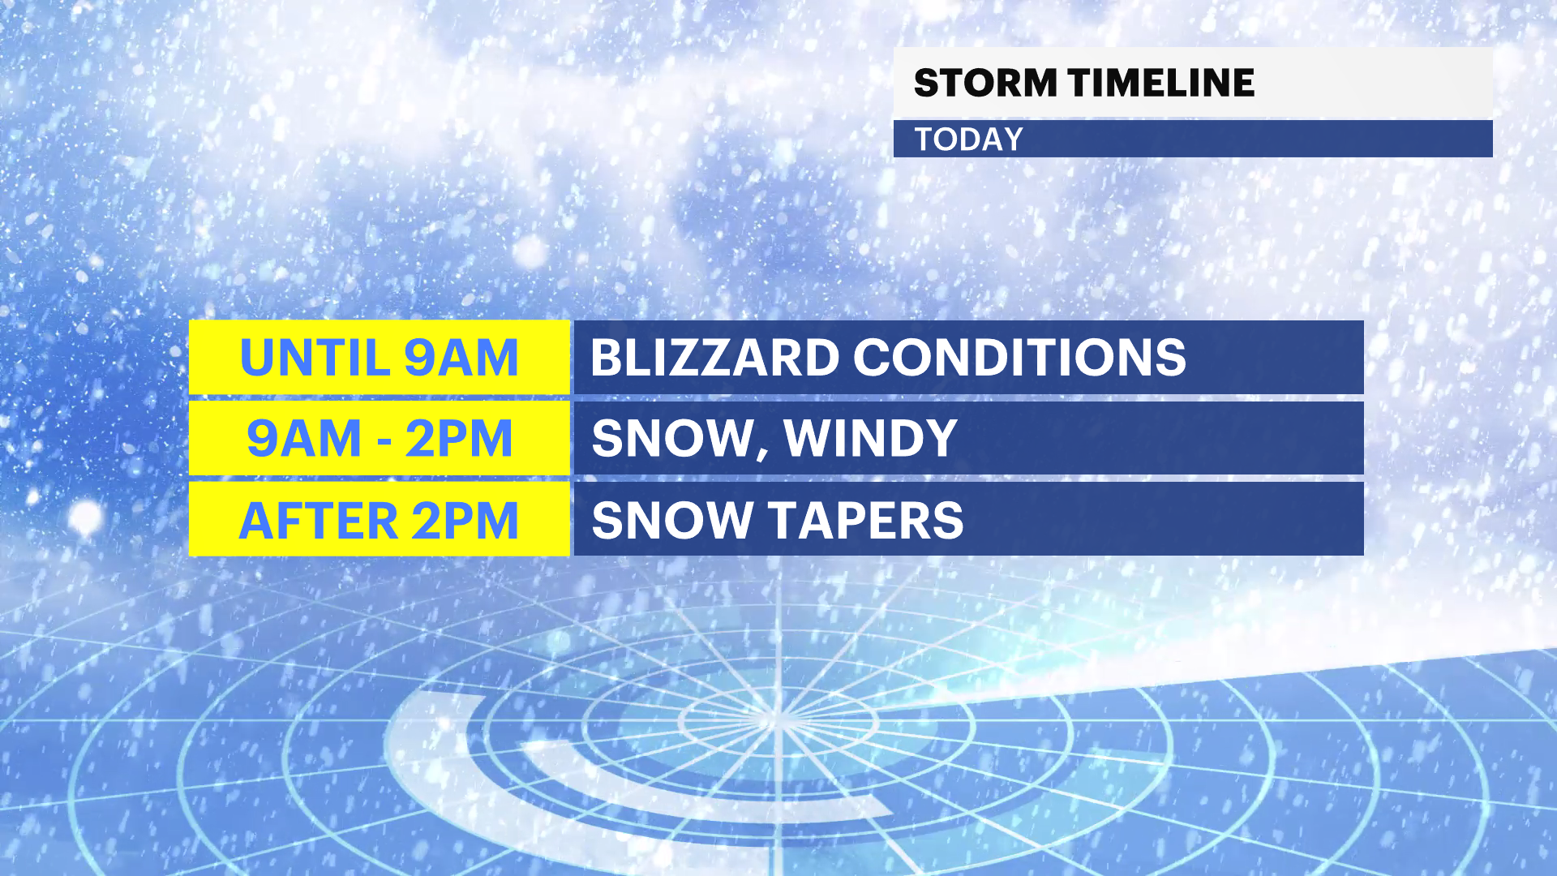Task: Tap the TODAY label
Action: pos(969,140)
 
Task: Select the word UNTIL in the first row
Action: pos(314,357)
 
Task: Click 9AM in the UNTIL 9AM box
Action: pos(461,357)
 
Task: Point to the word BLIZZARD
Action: pos(714,357)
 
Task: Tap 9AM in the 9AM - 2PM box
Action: pos(303,438)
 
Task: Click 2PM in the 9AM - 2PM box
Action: pos(459,438)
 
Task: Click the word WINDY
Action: pos(871,438)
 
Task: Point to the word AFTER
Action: pos(318,520)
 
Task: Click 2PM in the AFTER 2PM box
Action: pos(465,520)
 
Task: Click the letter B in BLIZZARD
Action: pos(608,357)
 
